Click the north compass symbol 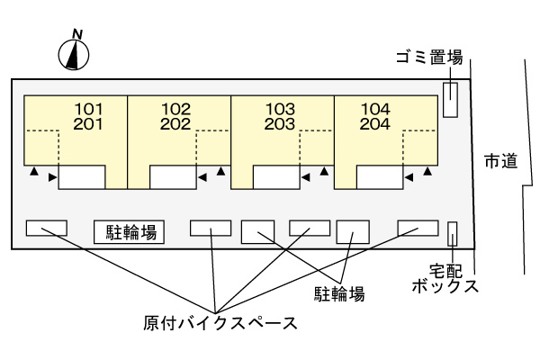76,55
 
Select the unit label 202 176,125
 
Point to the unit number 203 280,125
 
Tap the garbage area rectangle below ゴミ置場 451,99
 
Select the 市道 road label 500,162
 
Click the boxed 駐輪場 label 129,233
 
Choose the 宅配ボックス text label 444,278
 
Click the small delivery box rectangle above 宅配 453,233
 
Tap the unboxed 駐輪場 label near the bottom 339,292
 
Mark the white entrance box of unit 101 82,177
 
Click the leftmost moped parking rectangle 46,228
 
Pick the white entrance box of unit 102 173,177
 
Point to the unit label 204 375,125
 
